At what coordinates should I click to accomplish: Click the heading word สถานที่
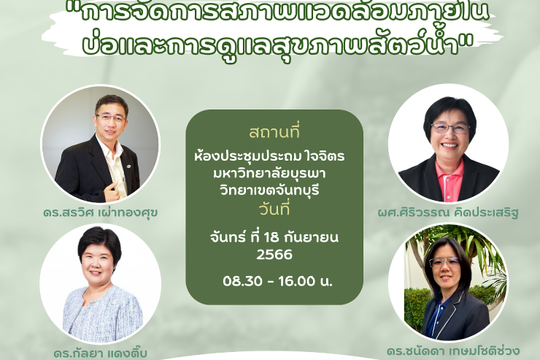pyautogui.click(x=274, y=134)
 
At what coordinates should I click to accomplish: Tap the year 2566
pyautogui.click(x=274, y=255)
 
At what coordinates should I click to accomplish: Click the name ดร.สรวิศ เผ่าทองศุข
pyautogui.click(x=100, y=212)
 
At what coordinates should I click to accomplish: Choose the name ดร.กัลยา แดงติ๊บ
pyautogui.click(x=100, y=353)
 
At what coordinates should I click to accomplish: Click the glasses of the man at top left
pyautogui.click(x=111, y=117)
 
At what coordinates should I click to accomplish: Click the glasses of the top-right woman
pyautogui.click(x=450, y=128)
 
